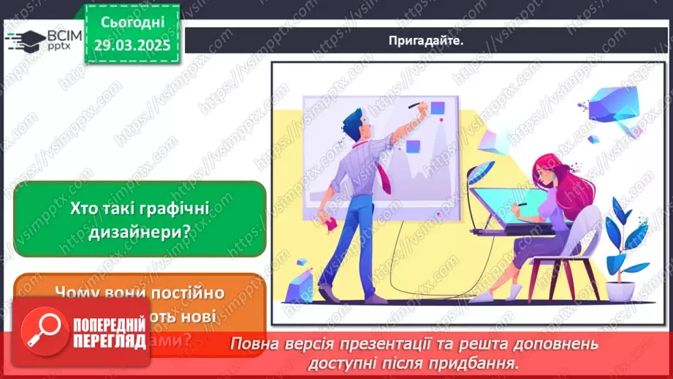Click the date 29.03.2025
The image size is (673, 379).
[x=133, y=44]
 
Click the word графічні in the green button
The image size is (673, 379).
[x=175, y=208]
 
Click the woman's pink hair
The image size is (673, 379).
[x=566, y=183]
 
